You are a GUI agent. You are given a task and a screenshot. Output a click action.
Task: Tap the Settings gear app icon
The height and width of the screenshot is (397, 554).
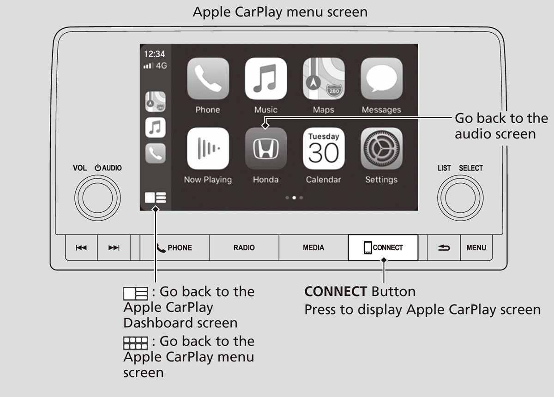pos(381,148)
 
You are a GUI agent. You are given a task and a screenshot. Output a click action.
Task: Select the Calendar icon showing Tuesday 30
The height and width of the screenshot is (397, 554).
pos(324,148)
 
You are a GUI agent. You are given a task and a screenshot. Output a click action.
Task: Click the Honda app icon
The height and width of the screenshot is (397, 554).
pos(266,148)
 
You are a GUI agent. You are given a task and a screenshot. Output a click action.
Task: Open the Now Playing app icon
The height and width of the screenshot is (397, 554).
pos(208,148)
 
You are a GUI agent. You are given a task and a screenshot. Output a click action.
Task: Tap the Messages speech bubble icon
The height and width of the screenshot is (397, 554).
pos(381,78)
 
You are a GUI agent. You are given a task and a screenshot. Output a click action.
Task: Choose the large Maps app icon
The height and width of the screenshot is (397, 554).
pos(324,78)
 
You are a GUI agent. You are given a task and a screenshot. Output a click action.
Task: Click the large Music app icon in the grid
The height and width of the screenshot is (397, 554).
pos(266,78)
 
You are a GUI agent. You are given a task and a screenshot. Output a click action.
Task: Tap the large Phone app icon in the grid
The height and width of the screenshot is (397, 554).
pos(208,78)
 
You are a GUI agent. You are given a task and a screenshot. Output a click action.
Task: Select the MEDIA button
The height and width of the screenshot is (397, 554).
pos(313,247)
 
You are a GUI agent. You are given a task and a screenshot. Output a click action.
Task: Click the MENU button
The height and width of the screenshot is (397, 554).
pos(476,247)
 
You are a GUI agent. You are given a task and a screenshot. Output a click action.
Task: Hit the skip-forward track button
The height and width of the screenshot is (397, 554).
pos(114,247)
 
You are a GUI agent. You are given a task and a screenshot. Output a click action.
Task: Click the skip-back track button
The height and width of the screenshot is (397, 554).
pos(81,247)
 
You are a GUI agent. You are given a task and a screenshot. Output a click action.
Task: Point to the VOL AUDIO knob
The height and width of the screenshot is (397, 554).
pos(97,198)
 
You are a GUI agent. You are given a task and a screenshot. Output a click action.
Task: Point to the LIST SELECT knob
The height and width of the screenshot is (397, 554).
pos(460,198)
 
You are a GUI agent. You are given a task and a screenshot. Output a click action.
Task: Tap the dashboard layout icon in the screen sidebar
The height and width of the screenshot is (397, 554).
pos(155,198)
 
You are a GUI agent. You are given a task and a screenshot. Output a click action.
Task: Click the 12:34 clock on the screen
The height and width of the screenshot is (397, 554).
pos(154,54)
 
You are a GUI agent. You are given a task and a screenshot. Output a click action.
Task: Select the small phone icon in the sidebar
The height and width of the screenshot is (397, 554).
pos(155,153)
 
